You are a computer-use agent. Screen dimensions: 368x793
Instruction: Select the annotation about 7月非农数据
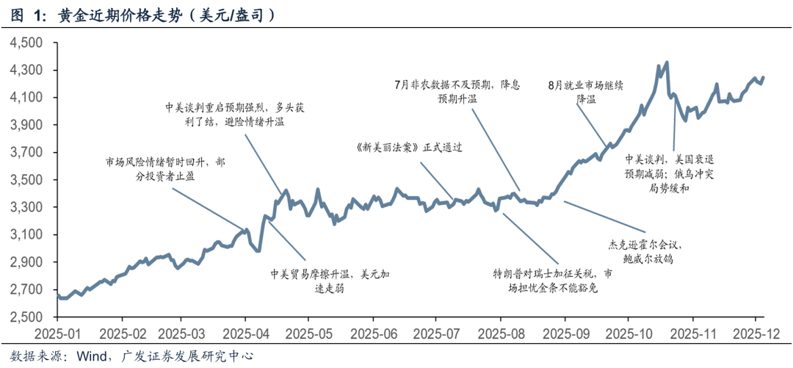point(457,91)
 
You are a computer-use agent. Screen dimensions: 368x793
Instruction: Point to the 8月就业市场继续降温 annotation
point(586,91)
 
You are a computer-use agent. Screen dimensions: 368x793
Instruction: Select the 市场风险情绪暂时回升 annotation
point(164,170)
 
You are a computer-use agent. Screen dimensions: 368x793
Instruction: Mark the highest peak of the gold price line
point(666,62)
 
